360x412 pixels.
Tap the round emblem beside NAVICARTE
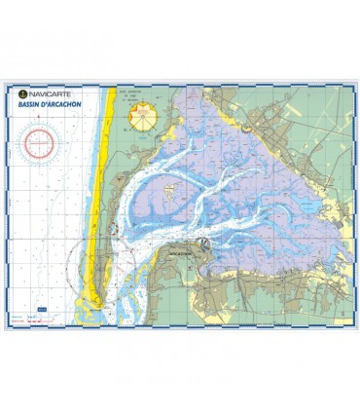(23, 93)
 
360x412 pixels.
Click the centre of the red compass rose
(40, 147)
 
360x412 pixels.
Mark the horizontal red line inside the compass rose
(40, 147)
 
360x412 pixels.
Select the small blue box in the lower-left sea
(40, 310)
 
